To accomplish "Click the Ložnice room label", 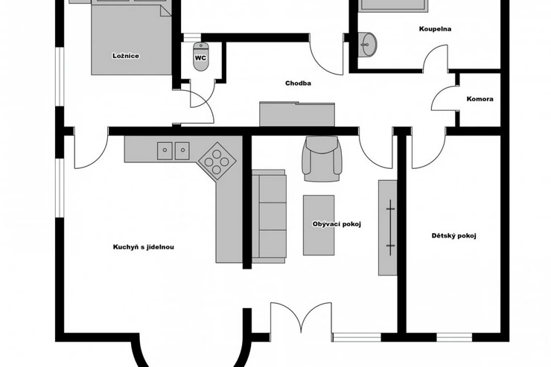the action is pos(126,56).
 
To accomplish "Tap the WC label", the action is pos(200,58).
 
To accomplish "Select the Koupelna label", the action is pos(435,29).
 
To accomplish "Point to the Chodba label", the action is pos(298,83).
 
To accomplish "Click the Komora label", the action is pos(480,99).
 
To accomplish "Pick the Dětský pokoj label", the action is pos(453,236).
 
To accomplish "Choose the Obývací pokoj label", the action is pos(337,224).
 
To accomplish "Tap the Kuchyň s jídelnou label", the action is pos(144,247).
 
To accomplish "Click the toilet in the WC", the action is pos(201,57).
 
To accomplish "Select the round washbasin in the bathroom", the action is pos(367,44).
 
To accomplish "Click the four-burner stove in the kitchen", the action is pos(217,162).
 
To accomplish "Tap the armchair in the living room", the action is pos(322,159).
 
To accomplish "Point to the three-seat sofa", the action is pos(269,217).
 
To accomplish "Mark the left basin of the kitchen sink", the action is pos(165,150).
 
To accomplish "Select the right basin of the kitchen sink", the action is pos(182,150).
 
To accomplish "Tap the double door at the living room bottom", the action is pos(301,318).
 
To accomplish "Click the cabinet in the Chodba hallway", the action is pos(297,114).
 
